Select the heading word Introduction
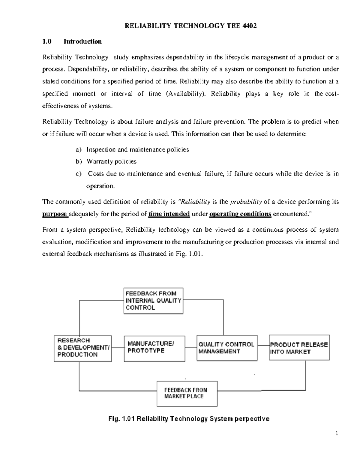[82, 41]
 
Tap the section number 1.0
[47, 41]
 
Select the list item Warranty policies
[111, 161]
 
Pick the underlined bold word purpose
[55, 214]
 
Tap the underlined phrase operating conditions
[240, 214]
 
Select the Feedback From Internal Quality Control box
[153, 301]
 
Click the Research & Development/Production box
[82, 348]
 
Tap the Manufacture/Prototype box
[154, 348]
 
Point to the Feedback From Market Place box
[187, 393]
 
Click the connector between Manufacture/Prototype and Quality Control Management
[191, 347]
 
